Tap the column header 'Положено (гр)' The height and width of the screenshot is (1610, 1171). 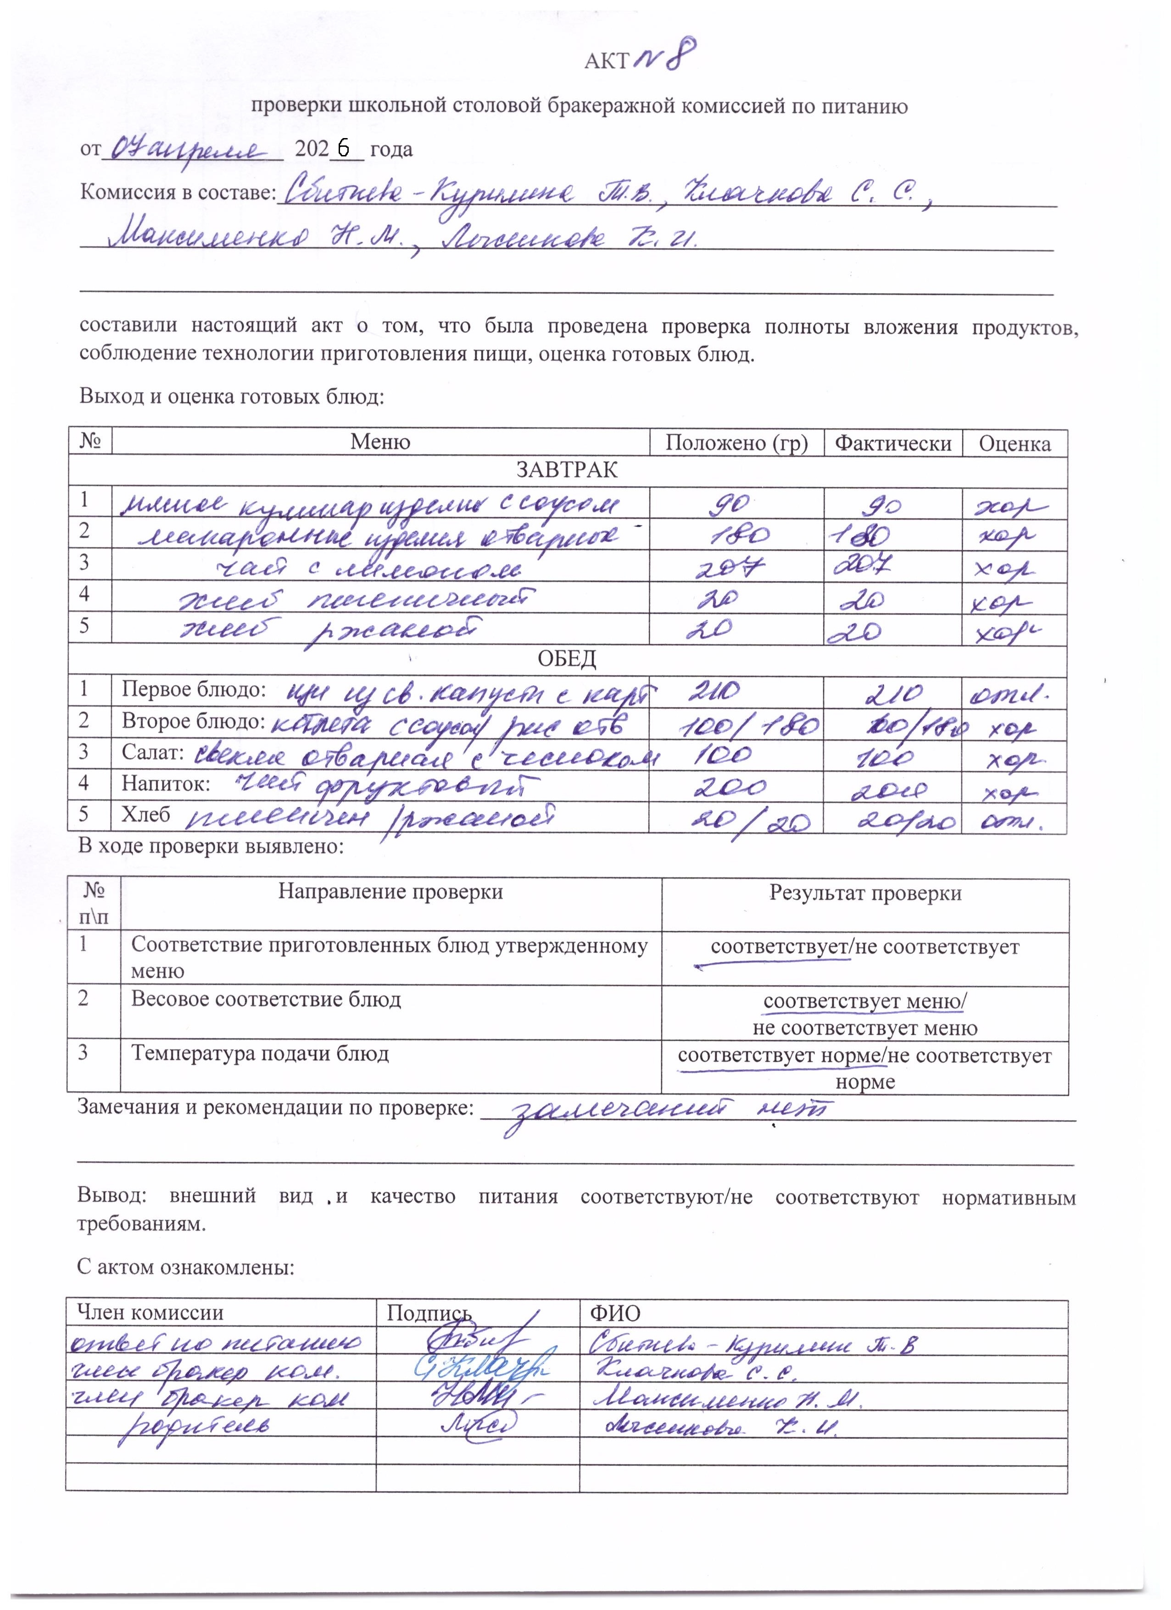(736, 443)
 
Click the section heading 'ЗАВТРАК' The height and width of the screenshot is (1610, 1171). (567, 470)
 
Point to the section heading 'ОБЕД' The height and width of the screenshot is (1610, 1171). (567, 659)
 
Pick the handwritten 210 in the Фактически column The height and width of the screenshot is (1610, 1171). (893, 692)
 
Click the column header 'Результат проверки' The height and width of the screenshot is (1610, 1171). (865, 893)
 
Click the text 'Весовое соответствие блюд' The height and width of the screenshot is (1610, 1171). (266, 999)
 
